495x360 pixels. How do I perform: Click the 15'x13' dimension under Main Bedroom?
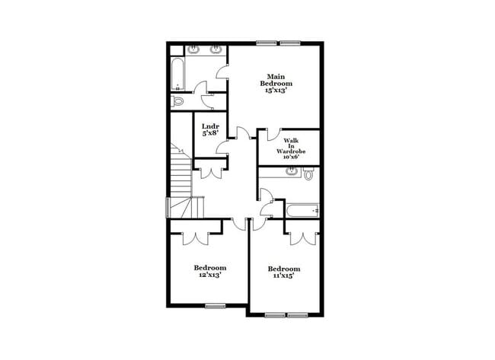click(x=276, y=91)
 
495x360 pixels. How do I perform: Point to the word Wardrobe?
click(x=291, y=151)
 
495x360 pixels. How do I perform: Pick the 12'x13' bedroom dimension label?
click(x=209, y=275)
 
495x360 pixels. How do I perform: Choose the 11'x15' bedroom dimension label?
click(x=283, y=276)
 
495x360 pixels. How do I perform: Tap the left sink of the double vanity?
click(x=195, y=51)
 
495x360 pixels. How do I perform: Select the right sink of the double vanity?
click(x=216, y=51)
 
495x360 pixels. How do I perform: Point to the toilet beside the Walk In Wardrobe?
click(x=308, y=175)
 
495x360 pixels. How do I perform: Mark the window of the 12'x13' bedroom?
click(x=216, y=306)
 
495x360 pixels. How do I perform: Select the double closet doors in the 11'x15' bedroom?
click(x=302, y=236)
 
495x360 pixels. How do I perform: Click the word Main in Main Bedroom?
click(x=276, y=75)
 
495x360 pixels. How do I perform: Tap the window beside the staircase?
click(x=168, y=208)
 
